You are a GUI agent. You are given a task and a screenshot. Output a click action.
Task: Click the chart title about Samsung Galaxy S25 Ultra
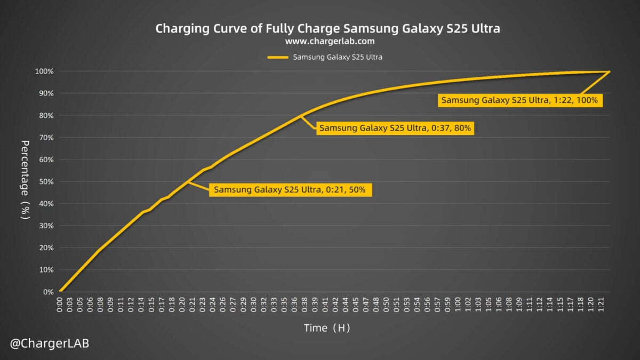coord(327,28)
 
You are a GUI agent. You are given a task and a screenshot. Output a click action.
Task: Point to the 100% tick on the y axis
coord(45,71)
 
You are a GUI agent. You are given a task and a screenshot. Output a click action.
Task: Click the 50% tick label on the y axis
coord(46,182)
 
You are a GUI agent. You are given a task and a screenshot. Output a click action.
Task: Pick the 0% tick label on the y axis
coord(49,292)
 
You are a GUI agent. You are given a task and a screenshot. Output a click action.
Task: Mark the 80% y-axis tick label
coord(46,116)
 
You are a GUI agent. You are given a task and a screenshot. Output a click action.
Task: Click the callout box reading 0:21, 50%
coord(290,190)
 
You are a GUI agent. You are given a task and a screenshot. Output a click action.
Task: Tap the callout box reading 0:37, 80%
coord(395,128)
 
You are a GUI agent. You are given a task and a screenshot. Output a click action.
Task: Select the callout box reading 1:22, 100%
coord(519,100)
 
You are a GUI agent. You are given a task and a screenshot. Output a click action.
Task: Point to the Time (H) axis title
coord(327,328)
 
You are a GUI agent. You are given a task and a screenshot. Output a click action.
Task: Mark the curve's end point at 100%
coord(609,71)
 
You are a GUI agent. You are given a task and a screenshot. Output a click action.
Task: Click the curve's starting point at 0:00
coord(60,291)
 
